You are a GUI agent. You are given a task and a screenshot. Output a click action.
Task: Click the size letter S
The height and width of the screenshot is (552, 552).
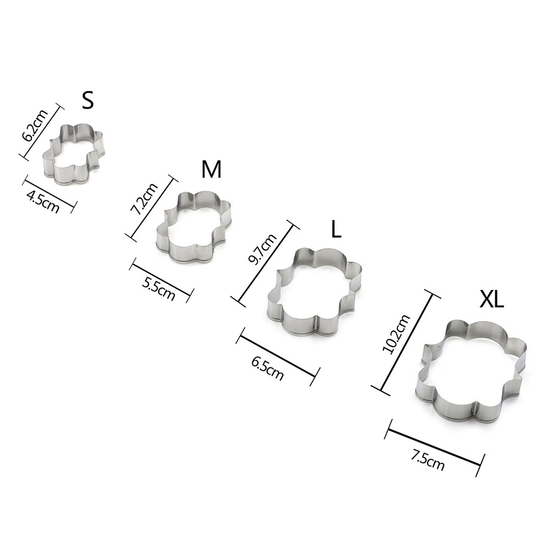point(88,100)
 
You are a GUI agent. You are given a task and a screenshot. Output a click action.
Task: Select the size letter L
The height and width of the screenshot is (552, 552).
point(337,229)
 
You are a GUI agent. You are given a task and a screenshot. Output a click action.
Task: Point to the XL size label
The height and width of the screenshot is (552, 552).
point(492,300)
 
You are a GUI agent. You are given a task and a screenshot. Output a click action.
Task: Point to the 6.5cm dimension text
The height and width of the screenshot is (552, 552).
point(267,369)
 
